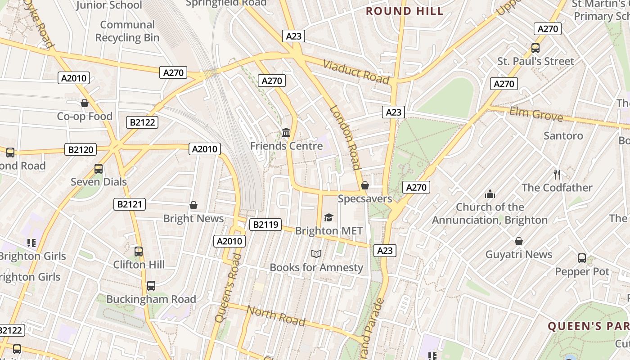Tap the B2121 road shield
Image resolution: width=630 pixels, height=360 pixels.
coord(130,204)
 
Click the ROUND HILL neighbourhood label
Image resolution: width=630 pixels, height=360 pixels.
coord(405,11)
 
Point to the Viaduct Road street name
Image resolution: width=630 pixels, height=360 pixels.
coord(356,72)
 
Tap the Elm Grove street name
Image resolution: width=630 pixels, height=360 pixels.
coord(536,114)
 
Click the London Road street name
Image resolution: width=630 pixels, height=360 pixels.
coord(346,137)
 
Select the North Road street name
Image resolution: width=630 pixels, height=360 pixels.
coord(276,315)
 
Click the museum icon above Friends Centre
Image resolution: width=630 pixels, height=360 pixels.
coord(286,133)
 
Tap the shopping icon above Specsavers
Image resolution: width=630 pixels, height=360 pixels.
coord(365,185)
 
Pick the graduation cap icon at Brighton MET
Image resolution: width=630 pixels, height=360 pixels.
coord(328,218)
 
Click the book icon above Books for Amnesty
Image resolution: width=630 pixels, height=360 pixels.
coord(316,254)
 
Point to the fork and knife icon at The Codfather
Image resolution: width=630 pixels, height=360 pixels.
coord(557,175)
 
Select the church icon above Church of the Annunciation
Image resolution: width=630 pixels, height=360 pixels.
coord(490,194)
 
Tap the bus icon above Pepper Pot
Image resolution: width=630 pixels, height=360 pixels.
coord(582,258)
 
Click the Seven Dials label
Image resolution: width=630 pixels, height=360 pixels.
coord(99,182)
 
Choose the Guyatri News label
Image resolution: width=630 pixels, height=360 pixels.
coord(518,254)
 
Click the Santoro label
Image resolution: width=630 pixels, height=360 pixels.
coord(563,135)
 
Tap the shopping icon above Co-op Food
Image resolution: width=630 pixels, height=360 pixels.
coord(85,103)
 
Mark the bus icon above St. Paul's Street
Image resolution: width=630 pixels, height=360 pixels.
coord(535,48)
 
